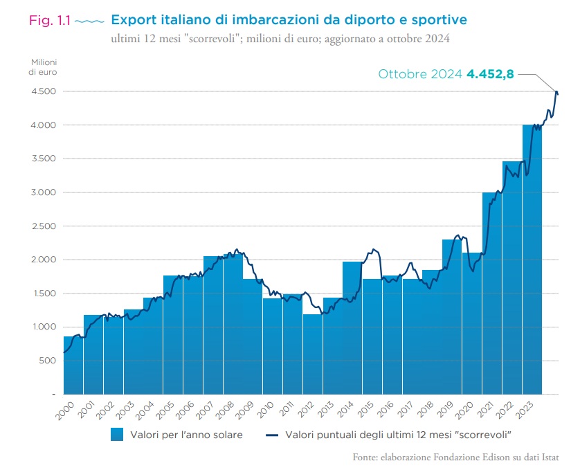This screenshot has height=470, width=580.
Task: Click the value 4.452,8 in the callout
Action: [x=490, y=74]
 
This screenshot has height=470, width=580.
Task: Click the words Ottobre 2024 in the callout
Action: [x=420, y=74]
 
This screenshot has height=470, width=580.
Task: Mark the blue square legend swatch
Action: [x=117, y=435]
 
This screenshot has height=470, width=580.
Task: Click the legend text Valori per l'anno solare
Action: [x=185, y=435]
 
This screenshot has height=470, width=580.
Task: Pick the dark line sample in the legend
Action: [x=275, y=435]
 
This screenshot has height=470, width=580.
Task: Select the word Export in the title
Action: [x=136, y=19]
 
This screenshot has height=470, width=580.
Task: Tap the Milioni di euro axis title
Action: [x=44, y=67]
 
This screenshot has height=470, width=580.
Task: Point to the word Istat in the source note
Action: [x=547, y=458]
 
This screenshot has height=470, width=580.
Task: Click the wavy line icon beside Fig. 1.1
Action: [x=88, y=21]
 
